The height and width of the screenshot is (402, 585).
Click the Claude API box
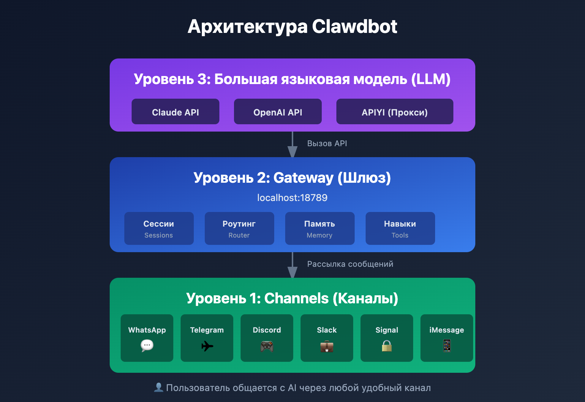tap(175, 111)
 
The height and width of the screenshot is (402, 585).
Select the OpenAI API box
tap(278, 111)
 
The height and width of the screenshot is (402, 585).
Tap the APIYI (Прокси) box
tap(395, 111)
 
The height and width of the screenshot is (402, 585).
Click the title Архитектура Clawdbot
tap(292, 26)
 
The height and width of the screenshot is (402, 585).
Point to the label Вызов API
tap(327, 143)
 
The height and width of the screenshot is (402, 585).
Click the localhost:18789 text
tap(292, 198)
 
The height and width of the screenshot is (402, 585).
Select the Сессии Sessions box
tap(159, 228)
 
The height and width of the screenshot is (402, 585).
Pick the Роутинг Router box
tap(239, 228)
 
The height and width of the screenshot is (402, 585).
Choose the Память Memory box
tap(320, 228)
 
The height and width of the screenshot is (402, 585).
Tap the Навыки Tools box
tap(400, 228)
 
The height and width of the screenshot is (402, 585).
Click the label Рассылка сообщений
tap(350, 264)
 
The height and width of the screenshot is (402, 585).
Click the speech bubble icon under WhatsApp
tap(147, 345)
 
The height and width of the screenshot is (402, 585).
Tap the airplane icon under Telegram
tap(207, 346)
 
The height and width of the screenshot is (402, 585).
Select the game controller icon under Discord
tap(267, 346)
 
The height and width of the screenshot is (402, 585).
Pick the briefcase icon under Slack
tap(327, 346)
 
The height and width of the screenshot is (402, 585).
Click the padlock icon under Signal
tap(387, 346)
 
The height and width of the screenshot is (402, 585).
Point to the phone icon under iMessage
tap(447, 345)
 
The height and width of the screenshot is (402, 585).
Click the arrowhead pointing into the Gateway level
tap(292, 152)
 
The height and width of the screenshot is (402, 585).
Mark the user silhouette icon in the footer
tap(159, 387)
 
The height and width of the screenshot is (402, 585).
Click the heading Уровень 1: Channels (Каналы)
tap(292, 298)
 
